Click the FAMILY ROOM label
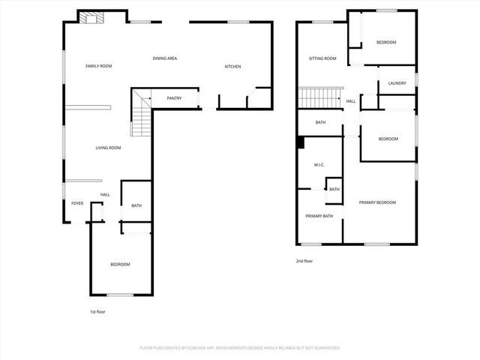pyautogui.click(x=98, y=66)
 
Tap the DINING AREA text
pyautogui.click(x=164, y=58)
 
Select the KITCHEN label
pyautogui.click(x=232, y=67)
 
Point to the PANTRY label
pyautogui.click(x=174, y=98)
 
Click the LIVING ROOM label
pyautogui.click(x=108, y=148)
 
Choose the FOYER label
pyautogui.click(x=77, y=203)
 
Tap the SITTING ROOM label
pyautogui.click(x=322, y=58)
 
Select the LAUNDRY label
pyautogui.click(x=397, y=83)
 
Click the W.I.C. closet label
pyautogui.click(x=318, y=165)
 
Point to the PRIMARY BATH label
pyautogui.click(x=319, y=216)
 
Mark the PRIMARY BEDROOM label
pyautogui.click(x=376, y=202)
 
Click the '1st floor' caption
pyautogui.click(x=97, y=311)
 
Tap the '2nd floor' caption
pyautogui.click(x=304, y=261)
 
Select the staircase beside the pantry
pyautogui.click(x=141, y=112)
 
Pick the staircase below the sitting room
pyautogui.click(x=315, y=97)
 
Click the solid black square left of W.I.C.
pyautogui.click(x=301, y=142)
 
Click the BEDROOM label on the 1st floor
pyautogui.click(x=120, y=264)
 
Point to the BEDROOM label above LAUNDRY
pyautogui.click(x=386, y=42)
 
